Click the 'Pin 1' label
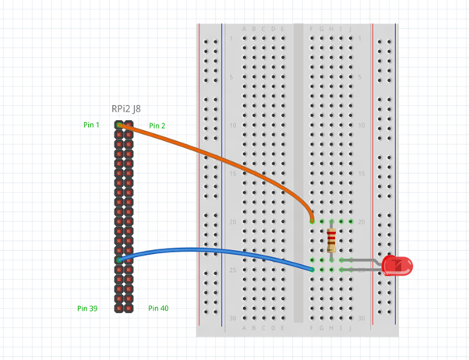[91, 125]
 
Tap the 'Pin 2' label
[157, 125]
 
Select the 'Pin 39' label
[87, 309]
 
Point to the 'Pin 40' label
[158, 309]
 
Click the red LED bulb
[397, 266]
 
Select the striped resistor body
[332, 240]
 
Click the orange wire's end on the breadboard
[312, 221]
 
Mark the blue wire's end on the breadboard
[312, 270]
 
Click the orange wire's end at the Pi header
[119, 125]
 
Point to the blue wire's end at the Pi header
[119, 259]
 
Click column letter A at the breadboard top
[245, 30]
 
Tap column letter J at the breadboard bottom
[351, 328]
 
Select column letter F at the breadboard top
[312, 30]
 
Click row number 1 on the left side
[231, 38]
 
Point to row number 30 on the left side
[231, 318]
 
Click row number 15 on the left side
[231, 174]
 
